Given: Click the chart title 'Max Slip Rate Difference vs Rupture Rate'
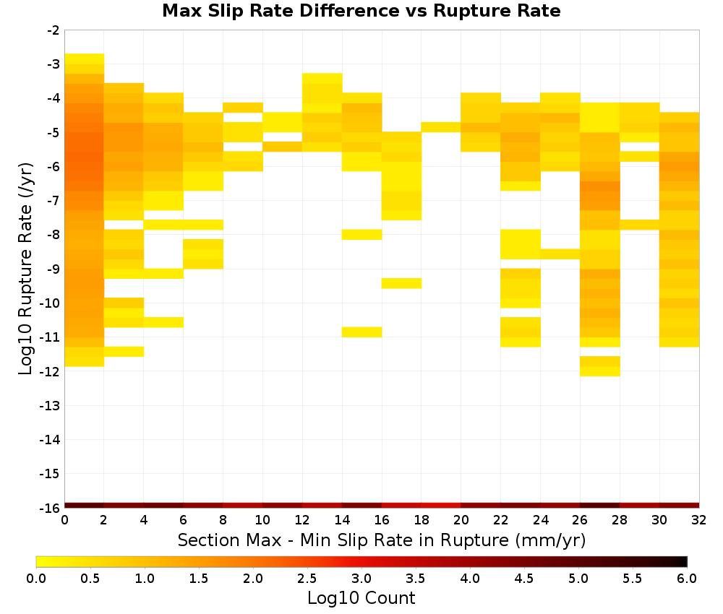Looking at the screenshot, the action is coord(361,11).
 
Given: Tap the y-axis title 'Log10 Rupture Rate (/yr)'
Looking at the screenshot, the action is coord(25,269).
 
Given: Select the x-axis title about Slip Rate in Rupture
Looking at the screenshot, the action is coord(381,540).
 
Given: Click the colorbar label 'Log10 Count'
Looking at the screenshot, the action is coord(361,598).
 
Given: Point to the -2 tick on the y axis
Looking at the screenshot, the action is coord(54,30).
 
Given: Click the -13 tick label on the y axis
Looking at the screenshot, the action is coord(51,406).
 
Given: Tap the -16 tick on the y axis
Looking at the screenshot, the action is coord(51,508).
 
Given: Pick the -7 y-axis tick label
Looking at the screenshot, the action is coord(54,201).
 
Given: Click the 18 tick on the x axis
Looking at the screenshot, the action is coord(422,520).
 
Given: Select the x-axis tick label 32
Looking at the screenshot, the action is coord(699,520).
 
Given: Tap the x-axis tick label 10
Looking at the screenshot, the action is coord(263,520).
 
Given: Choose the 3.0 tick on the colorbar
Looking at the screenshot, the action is coord(361,578).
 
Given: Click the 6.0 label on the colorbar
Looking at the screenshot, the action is coord(687,578).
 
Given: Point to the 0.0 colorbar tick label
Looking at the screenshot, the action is coord(36,578).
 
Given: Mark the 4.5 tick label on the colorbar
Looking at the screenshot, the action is coord(524,578).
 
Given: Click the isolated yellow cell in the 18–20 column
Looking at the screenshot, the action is coord(441,127).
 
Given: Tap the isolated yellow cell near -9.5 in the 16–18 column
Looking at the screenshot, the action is coord(401,283).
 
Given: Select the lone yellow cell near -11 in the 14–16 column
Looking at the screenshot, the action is coord(362,332).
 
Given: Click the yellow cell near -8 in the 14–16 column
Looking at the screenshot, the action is coord(362,235).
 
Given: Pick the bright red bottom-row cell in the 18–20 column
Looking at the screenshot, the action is coord(441,506).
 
